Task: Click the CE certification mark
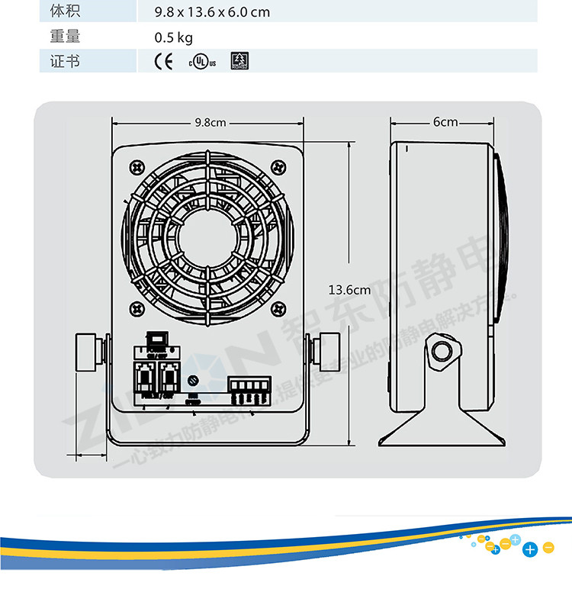[164, 62]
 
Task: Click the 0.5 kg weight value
[173, 37]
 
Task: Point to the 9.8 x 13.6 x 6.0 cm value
[211, 12]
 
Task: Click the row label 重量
[65, 37]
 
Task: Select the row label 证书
[65, 62]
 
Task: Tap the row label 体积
[65, 11]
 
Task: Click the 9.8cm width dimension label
[210, 122]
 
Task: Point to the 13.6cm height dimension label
[349, 289]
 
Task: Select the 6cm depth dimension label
[445, 122]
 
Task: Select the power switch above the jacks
[157, 339]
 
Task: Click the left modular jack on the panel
[145, 377]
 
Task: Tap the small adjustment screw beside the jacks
[193, 380]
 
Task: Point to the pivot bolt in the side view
[441, 352]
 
